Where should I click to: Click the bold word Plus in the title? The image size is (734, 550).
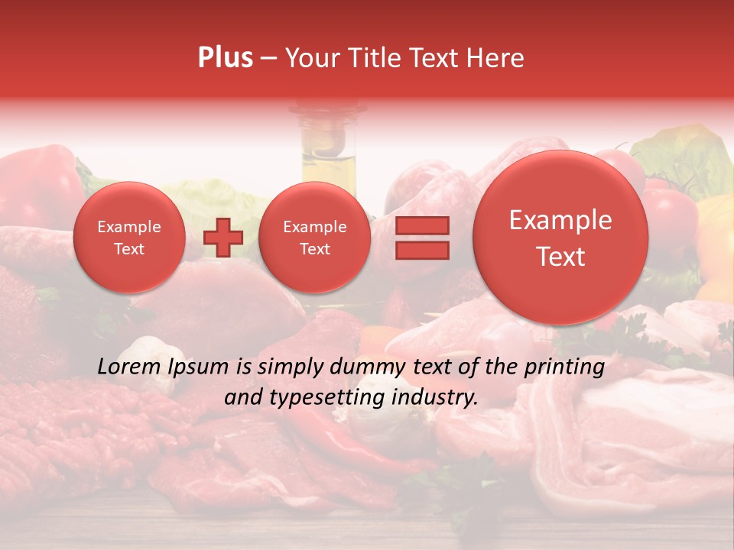pyautogui.click(x=225, y=58)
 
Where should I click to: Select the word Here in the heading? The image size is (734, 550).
pyautogui.click(x=498, y=58)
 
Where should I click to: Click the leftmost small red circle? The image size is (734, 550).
pyautogui.click(x=128, y=238)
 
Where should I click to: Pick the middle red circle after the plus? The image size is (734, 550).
pyautogui.click(x=314, y=238)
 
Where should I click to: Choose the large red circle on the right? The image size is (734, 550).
pyautogui.click(x=560, y=238)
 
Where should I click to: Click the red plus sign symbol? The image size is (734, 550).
pyautogui.click(x=223, y=238)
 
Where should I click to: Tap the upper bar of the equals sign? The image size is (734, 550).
pyautogui.click(x=422, y=225)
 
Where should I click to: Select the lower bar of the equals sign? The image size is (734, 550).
pyautogui.click(x=422, y=250)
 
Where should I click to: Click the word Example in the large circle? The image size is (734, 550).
pyautogui.click(x=560, y=220)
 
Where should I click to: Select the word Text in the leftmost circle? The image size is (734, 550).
pyautogui.click(x=128, y=249)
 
